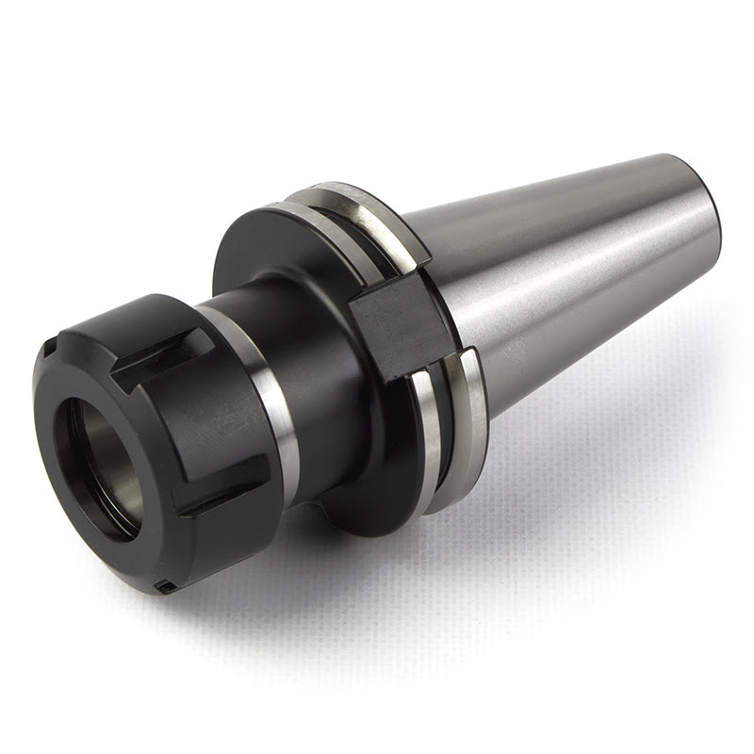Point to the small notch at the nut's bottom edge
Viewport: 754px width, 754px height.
coord(164,588)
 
